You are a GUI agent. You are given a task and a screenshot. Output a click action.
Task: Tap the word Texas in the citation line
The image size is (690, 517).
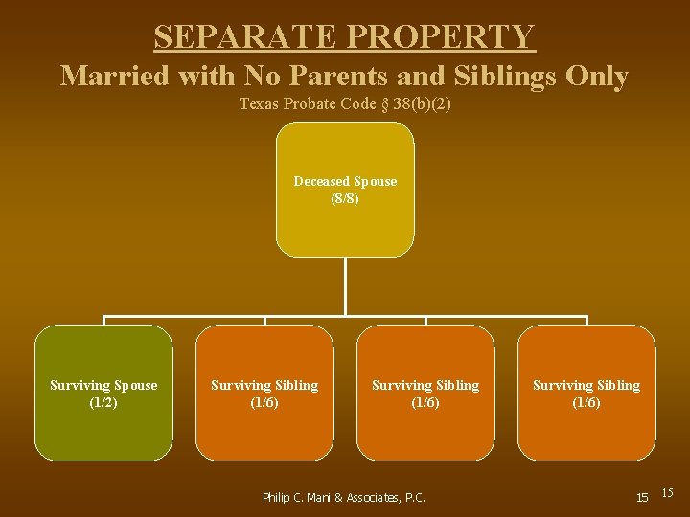click(258, 103)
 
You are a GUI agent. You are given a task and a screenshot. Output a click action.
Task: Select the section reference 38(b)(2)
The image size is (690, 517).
click(419, 103)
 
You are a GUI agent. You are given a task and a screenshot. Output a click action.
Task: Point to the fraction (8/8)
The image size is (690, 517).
click(345, 198)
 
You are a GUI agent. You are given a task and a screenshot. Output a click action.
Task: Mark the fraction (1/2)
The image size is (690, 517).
click(103, 402)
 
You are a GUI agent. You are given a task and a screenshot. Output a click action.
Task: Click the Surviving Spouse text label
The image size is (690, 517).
click(103, 385)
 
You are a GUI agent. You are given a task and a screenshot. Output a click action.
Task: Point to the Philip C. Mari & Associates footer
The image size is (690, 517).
click(343, 497)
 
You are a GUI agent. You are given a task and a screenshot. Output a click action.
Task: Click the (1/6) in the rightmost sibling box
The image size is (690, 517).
click(586, 402)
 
